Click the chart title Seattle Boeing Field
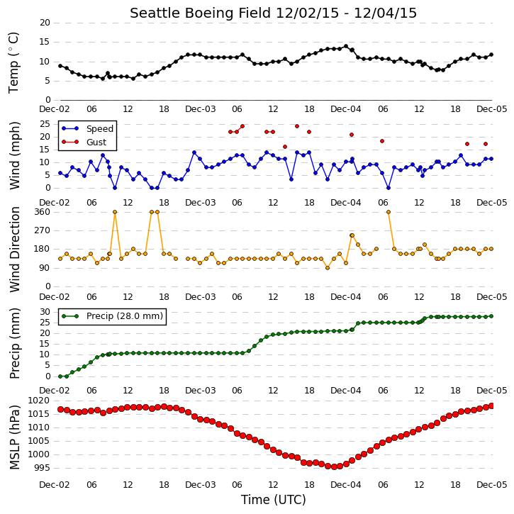[x=201, y=13]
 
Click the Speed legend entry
[x=87, y=129]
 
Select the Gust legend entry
[x=84, y=142]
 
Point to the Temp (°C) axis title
[x=13, y=62]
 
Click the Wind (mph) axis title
[x=14, y=156]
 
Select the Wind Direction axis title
[x=14, y=249]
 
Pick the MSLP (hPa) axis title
[x=14, y=437]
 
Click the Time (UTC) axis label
[x=274, y=500]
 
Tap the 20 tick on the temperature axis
[x=45, y=23]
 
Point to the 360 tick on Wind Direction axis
[x=43, y=212]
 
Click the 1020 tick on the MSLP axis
[x=39, y=401]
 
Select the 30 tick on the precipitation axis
[x=45, y=312]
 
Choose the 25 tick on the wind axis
[x=45, y=124]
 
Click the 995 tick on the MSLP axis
[x=42, y=467]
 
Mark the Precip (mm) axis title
[x=14, y=344]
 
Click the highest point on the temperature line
[x=346, y=47]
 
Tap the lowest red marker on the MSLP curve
[x=334, y=466]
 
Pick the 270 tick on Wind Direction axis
[x=43, y=230]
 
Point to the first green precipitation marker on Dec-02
[x=60, y=376]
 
